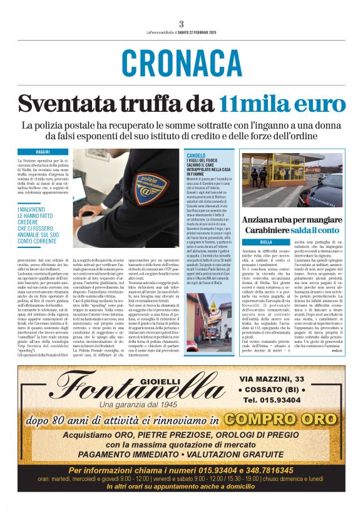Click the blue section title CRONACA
point(181,62)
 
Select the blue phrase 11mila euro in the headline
point(278,103)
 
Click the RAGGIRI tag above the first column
point(43,152)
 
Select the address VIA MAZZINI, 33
point(271,379)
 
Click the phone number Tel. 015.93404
point(271,400)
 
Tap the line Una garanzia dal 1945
point(135,404)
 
